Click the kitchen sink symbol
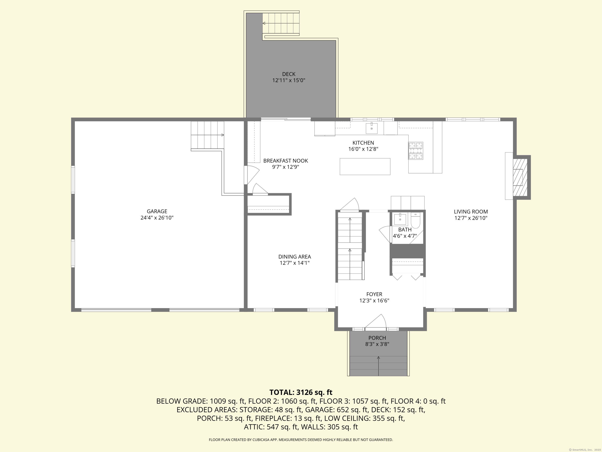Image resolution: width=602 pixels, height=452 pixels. click(372, 128)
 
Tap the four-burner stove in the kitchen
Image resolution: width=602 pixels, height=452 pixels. click(416, 151)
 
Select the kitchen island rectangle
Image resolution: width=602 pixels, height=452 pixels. click(365, 167)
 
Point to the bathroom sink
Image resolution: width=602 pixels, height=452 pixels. click(400, 219)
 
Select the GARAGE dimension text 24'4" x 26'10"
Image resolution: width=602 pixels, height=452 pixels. click(157, 218)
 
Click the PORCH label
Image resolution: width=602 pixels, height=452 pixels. click(377, 338)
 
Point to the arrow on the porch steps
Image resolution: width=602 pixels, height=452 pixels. click(378, 365)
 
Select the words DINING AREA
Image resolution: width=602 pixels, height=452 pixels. click(295, 257)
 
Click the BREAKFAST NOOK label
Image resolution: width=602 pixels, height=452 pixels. click(286, 161)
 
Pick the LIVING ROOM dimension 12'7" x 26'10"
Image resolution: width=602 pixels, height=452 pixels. click(471, 218)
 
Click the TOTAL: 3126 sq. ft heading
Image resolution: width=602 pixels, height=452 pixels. click(301, 392)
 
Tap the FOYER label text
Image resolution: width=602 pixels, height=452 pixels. click(374, 294)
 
